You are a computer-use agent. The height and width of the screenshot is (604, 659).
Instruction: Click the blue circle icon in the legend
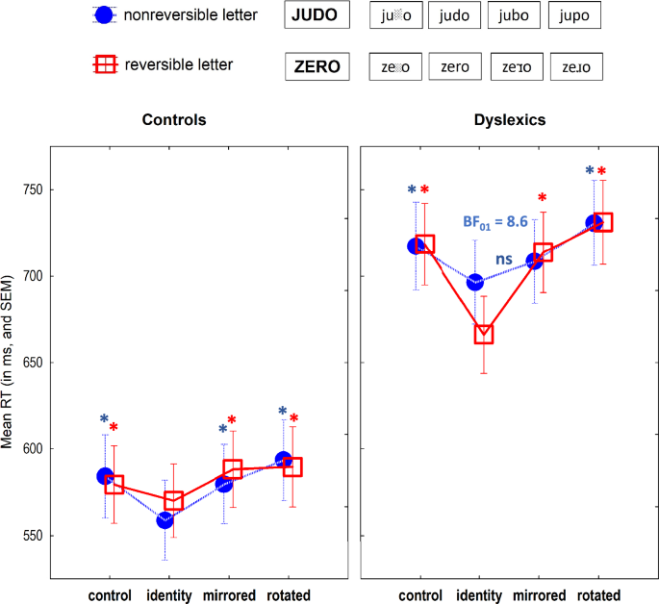104,15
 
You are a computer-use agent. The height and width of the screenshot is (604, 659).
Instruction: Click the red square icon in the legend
104,64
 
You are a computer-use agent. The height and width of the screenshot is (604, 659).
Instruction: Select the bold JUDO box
316,15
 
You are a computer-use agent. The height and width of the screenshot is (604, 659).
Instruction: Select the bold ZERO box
316,66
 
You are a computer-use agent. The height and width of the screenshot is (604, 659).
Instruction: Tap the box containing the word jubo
515,15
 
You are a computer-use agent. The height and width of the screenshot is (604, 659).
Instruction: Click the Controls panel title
173,120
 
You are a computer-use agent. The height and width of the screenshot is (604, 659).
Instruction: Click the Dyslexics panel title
510,120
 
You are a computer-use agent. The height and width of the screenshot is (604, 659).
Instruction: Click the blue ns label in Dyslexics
504,259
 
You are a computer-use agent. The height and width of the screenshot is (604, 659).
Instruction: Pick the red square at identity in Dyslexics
483,334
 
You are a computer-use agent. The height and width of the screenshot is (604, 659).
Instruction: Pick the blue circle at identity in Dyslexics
475,282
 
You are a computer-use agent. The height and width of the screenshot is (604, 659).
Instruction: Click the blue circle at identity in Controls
165,520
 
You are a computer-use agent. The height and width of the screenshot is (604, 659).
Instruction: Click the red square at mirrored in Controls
232,469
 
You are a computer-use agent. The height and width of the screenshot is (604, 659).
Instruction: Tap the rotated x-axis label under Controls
288,595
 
